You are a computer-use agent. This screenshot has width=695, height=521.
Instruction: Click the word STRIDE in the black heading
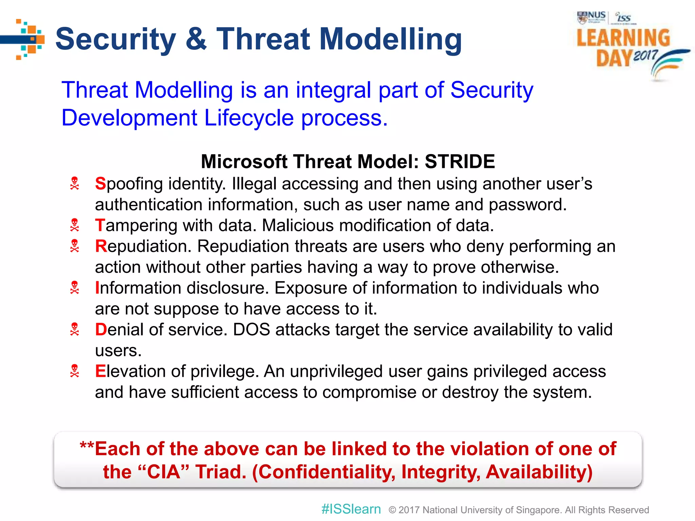(459, 161)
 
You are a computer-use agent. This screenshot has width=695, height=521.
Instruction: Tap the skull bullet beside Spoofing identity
(74, 184)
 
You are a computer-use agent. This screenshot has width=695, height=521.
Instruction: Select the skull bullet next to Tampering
(74, 225)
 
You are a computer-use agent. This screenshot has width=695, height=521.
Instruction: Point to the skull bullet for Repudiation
(74, 246)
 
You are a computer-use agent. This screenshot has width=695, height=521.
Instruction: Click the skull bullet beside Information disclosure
(74, 288)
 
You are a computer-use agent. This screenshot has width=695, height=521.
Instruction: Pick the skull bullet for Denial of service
(74, 329)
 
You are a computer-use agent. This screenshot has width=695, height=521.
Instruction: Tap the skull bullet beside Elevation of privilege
(74, 371)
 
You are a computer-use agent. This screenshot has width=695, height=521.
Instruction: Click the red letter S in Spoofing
(100, 184)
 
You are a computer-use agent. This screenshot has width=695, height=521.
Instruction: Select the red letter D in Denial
(101, 330)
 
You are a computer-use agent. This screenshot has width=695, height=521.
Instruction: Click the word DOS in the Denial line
(251, 330)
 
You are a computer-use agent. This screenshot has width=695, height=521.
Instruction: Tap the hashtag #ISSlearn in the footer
(351, 509)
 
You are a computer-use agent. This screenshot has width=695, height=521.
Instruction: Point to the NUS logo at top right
(591, 17)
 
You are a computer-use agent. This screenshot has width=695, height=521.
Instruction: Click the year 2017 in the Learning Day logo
(645, 55)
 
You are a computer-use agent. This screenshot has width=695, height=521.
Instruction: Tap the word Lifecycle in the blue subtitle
(249, 118)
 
